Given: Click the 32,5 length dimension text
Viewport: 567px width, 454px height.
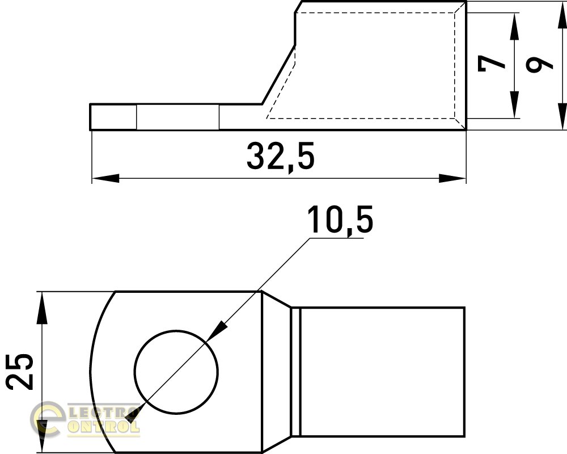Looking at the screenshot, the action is pos(281,157).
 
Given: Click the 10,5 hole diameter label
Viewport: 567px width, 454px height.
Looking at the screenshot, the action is pos(340,220).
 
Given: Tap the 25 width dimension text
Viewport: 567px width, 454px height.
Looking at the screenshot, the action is pos(20,372).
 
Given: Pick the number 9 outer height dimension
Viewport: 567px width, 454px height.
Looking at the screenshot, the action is pos(539,65).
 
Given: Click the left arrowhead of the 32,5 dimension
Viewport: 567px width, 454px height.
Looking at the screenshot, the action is pos(105,178).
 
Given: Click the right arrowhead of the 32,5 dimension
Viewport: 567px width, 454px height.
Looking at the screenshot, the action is pos(452,178).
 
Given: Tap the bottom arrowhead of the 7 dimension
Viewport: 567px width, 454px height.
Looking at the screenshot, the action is pos(514,104).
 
